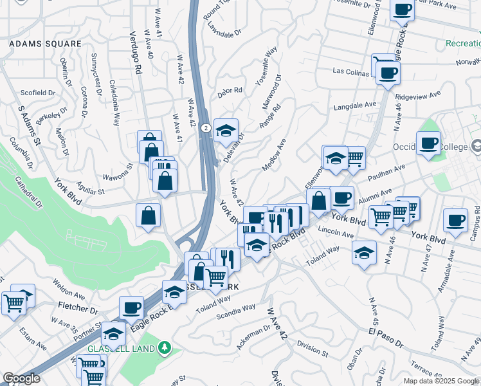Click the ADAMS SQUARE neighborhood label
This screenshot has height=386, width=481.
click(45, 44)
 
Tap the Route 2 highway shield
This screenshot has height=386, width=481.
click(203, 128)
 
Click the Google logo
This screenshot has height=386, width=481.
click(21, 378)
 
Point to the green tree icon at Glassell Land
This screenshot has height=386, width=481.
click(165, 348)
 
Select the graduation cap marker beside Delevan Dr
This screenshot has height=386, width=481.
click(226, 131)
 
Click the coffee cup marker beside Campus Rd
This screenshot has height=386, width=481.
click(455, 220)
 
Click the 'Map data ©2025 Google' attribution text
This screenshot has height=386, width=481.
click(441, 380)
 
